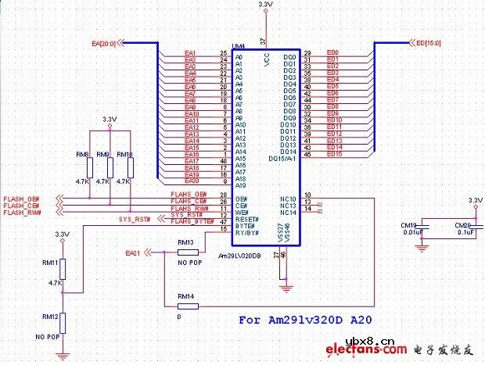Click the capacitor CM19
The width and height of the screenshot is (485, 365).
[x=421, y=227]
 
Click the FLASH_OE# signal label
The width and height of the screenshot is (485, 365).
[x=22, y=199]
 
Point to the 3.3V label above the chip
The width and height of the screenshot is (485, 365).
[x=265, y=5]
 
